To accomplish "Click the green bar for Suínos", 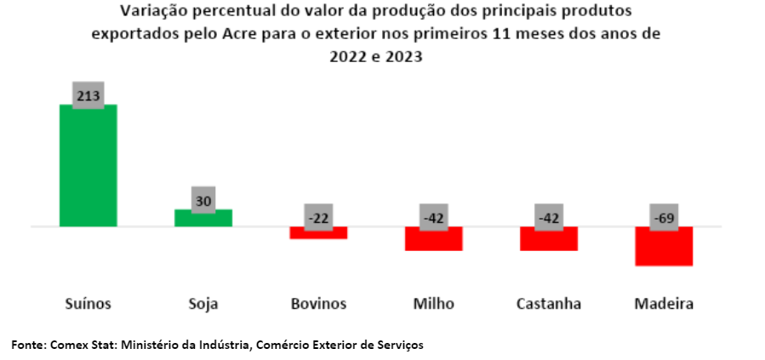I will (x=88, y=165).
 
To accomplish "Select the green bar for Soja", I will (x=203, y=218).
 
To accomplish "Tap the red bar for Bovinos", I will (x=318, y=232).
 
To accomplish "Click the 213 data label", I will (x=88, y=96).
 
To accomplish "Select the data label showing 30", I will (x=203, y=202).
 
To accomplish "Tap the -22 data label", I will (x=318, y=218).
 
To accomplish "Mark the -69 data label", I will (x=664, y=218).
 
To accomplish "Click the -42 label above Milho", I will (x=433, y=218).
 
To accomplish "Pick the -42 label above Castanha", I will (x=549, y=218).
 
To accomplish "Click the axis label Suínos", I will (x=88, y=304).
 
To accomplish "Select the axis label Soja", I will (x=203, y=304).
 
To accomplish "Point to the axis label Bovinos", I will (x=318, y=304).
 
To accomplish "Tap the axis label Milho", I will (x=433, y=304).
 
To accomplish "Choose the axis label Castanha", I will (x=549, y=304).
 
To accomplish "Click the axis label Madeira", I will (x=664, y=304).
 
